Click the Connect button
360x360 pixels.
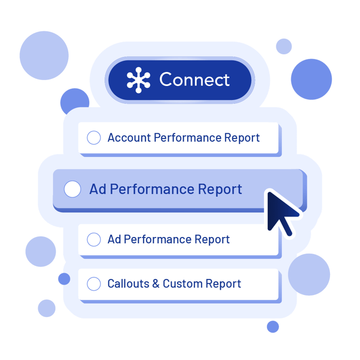pos(179,80)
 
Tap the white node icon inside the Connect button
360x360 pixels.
pos(139,80)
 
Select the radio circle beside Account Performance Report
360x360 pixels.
pos(94,138)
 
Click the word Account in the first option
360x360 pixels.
pos(129,138)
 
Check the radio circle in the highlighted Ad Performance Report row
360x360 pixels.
pos(73,189)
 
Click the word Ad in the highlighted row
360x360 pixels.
pos(98,189)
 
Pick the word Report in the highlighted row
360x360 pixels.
pos(220,189)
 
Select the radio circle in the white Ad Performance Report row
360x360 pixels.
pos(94,240)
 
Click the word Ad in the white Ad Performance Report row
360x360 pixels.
pos(114,240)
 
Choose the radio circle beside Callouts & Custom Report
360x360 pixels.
pos(94,284)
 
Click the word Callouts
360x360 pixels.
pos(128,284)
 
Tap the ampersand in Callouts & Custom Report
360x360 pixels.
pos(156,284)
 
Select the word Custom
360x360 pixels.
pos(182,284)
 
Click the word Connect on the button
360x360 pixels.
pos(195,80)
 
